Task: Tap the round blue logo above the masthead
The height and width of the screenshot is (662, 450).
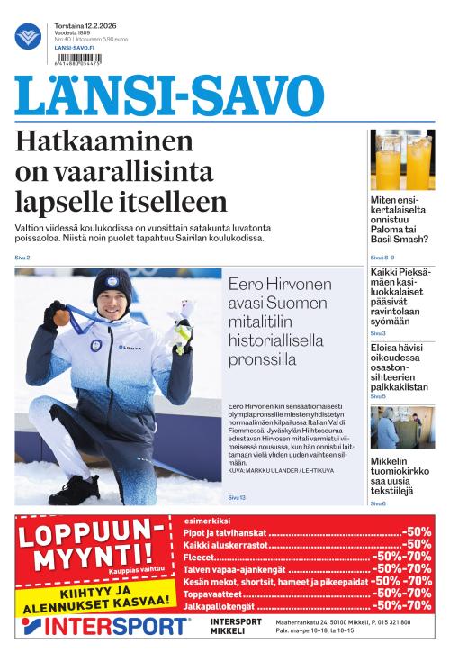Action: pos(28,37)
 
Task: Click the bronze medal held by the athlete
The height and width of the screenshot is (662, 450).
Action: pos(59,317)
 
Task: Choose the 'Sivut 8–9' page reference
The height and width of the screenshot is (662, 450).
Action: pos(382,258)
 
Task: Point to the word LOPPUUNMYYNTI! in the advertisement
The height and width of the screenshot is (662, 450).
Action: pos(87,546)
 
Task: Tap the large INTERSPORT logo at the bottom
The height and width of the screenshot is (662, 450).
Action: pos(105,627)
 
